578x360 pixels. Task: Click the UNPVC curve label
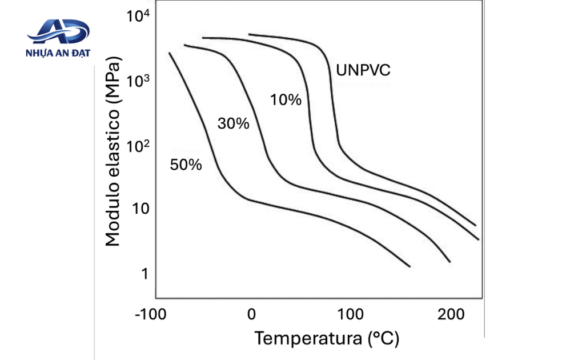pyautogui.click(x=363, y=70)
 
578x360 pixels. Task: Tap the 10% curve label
pyautogui.click(x=286, y=99)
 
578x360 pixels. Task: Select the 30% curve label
pyautogui.click(x=234, y=123)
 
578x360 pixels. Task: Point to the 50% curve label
pyautogui.click(x=186, y=165)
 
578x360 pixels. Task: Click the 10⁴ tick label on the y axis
pyautogui.click(x=138, y=15)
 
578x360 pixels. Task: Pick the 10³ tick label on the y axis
pyautogui.click(x=138, y=81)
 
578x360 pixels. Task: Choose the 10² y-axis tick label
pyautogui.click(x=138, y=146)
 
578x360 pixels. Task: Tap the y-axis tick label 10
pyautogui.click(x=141, y=209)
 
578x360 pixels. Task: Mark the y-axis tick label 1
pyautogui.click(x=145, y=274)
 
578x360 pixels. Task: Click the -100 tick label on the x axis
pyautogui.click(x=151, y=315)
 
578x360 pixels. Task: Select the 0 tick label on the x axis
pyautogui.click(x=251, y=315)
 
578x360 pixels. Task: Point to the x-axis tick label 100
pyautogui.click(x=350, y=315)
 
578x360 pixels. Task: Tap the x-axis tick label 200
pyautogui.click(x=451, y=315)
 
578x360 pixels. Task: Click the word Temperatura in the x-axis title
pyautogui.click(x=308, y=338)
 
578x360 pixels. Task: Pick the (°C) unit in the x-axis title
pyautogui.click(x=384, y=339)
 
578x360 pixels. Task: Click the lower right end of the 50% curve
pyautogui.click(x=410, y=266)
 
